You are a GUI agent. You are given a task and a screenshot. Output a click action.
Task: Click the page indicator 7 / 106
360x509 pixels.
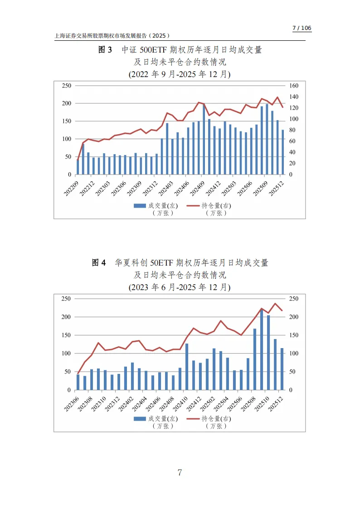tap(302, 28)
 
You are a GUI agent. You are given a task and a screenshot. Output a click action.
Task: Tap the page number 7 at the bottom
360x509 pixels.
tap(180, 473)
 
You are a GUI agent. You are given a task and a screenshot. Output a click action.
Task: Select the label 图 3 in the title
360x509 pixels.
tap(105, 50)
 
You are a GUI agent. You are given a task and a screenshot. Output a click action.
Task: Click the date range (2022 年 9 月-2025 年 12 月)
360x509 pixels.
tap(180, 74)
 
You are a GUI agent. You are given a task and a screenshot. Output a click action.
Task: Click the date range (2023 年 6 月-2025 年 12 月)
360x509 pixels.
tap(180, 287)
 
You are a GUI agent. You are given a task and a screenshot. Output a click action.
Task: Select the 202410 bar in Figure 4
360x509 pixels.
tap(187, 367)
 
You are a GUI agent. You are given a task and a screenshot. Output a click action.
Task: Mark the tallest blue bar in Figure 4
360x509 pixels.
tap(262, 349)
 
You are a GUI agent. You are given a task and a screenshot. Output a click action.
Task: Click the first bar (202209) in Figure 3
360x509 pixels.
tap(78, 167)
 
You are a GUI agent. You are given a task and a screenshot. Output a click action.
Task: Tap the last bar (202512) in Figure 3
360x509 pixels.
tap(283, 152)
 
